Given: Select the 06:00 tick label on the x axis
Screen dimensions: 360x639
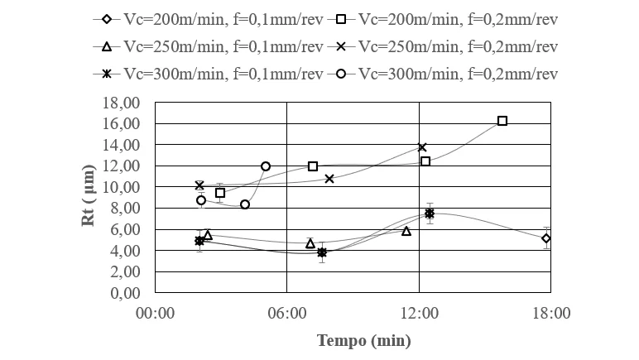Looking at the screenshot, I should coord(286,313).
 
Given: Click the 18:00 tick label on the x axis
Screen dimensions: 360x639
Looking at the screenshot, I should coord(550,313).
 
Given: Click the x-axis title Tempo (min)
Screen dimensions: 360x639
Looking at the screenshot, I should coord(363,340).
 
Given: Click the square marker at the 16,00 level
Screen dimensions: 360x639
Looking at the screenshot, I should coord(502,121).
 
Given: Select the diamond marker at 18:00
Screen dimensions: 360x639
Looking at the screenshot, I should coord(546,238).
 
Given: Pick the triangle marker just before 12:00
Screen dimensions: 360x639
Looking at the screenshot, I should coord(406,231).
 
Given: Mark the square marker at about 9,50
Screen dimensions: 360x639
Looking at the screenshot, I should coord(220,193).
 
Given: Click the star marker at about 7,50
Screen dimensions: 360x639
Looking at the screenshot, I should coord(430,214).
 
